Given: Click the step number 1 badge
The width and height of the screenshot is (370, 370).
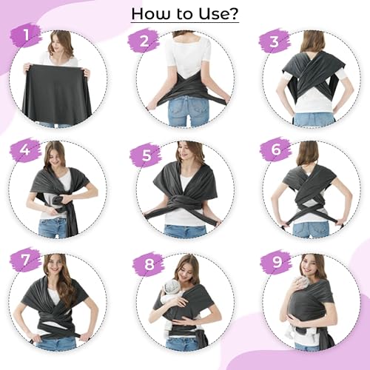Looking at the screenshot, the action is point(26,35).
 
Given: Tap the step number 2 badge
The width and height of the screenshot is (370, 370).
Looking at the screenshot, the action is point(144,41).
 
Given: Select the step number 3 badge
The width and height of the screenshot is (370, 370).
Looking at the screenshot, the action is point(275,41).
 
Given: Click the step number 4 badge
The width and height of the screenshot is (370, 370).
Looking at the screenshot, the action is point(25,149).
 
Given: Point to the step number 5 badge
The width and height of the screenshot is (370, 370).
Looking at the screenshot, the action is point(146,155).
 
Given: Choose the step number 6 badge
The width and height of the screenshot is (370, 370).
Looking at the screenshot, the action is point(275,149).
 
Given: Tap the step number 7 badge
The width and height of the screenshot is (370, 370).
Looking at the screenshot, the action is point(25,260).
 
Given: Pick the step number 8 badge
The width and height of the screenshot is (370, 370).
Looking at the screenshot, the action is point(149,264).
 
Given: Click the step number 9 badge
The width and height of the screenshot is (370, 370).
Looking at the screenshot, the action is point(277,262).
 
